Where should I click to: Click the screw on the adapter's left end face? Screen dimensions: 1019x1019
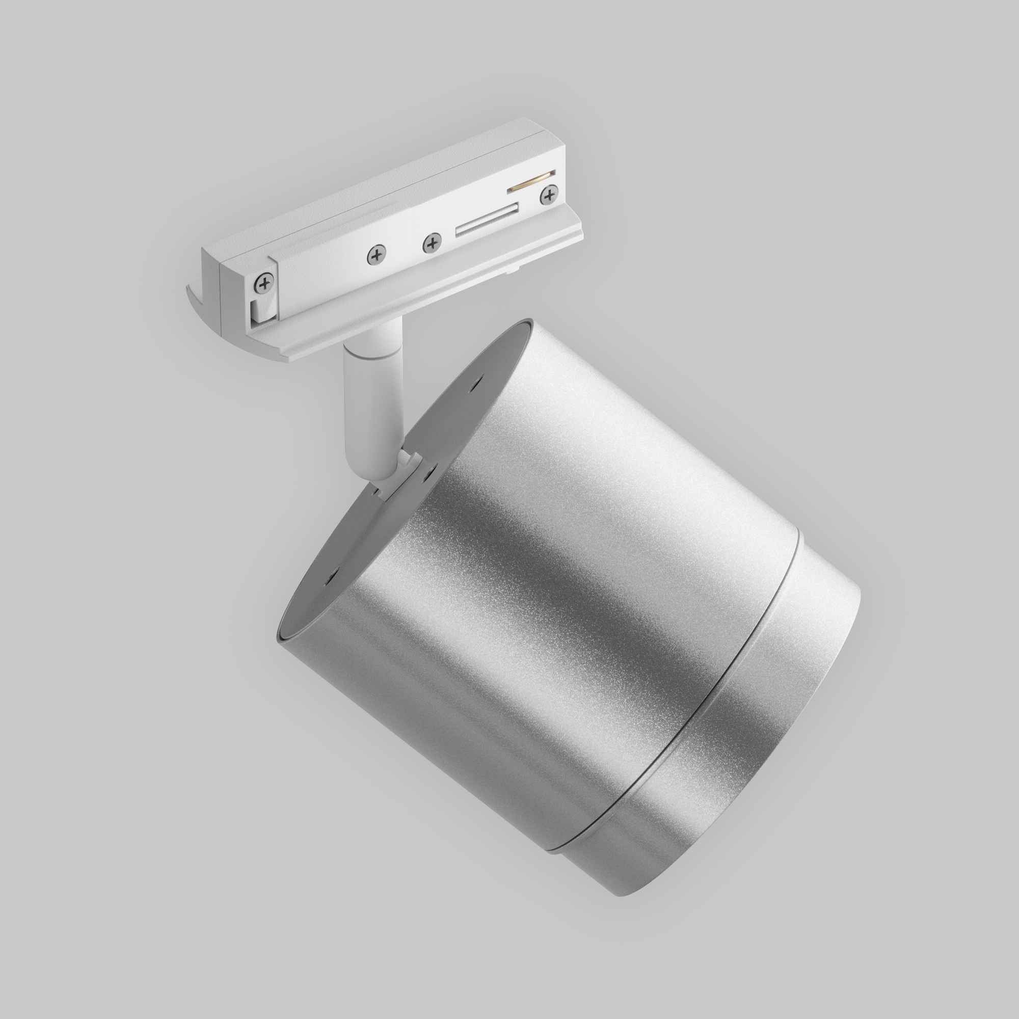265,283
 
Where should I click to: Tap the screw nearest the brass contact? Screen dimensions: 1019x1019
549,196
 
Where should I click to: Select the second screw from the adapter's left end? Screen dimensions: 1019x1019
376,254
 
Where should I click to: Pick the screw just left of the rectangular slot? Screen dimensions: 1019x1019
432,243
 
